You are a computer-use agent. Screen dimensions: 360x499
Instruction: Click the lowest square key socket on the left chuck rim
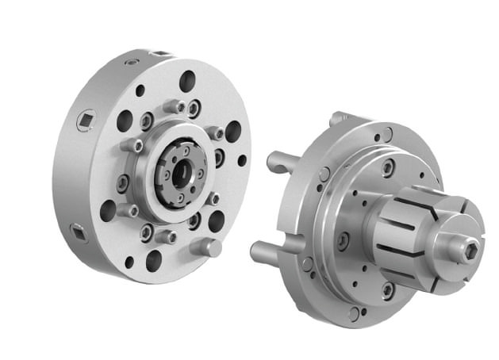(x=78, y=232)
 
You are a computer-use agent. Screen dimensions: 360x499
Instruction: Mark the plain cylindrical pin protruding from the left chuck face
(x=208, y=248)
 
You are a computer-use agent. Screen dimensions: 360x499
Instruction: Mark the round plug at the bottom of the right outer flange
(x=353, y=314)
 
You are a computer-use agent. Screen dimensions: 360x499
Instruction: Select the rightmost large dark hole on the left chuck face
(x=232, y=131)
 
